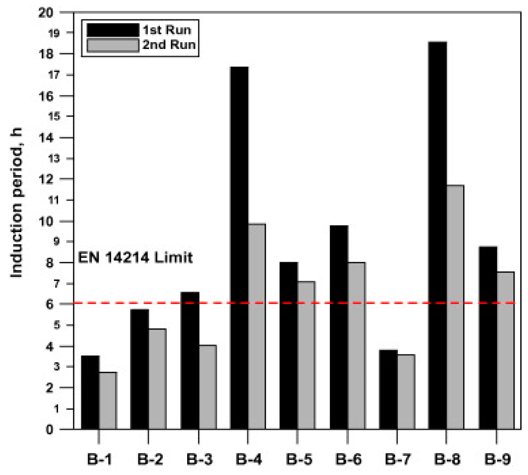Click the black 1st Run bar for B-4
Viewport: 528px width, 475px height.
[x=239, y=248]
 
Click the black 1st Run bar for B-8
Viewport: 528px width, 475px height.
[x=438, y=235]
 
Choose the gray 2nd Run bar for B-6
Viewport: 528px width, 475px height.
[x=356, y=345]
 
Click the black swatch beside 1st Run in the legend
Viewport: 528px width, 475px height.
[x=113, y=30]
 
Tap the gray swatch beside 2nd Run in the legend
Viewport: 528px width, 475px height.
[x=113, y=45]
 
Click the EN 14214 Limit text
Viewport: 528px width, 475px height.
[x=135, y=258]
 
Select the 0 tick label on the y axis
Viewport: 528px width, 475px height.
[x=49, y=430]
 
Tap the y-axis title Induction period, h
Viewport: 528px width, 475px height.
[x=16, y=204]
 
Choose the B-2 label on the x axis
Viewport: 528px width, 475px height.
[x=150, y=460]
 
